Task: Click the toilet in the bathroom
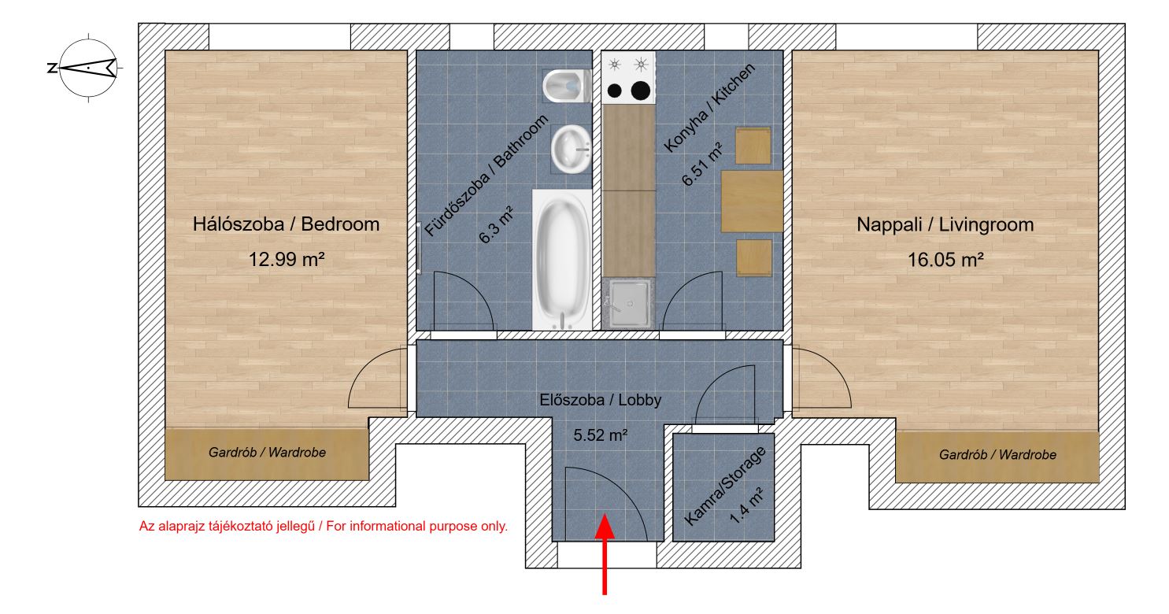coord(567,86)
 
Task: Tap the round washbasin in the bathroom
coord(571,149)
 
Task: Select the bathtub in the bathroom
coord(562,259)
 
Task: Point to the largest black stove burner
coord(641,91)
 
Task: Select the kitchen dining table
coord(752,201)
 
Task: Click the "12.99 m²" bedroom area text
coord(287,259)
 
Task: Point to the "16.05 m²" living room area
coord(945,259)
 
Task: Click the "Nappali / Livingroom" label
coord(945,224)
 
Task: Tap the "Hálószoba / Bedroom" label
coord(286,224)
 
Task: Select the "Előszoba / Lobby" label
coord(600,400)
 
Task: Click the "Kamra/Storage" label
coord(724,486)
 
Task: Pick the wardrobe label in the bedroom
coord(267,453)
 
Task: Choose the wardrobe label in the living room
coord(998,455)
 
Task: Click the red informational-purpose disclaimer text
coord(323,527)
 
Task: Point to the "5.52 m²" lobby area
coord(600,435)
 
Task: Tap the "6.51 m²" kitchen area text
coord(702,165)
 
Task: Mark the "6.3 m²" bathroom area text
coord(496,225)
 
